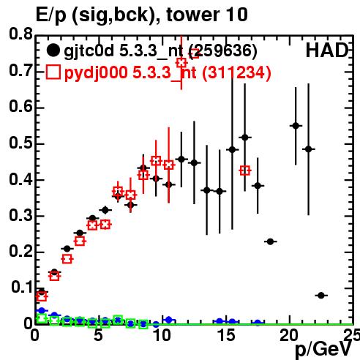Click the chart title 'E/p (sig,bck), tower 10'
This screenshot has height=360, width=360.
[x=141, y=15]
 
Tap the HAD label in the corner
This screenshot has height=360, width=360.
[x=327, y=50]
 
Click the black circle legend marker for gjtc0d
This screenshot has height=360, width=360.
[x=53, y=50]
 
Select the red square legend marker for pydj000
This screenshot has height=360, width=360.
[x=53, y=72]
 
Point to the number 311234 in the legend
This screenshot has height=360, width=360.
[x=237, y=72]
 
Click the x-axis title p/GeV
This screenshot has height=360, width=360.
[x=323, y=349]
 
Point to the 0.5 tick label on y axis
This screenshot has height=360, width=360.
[x=20, y=143]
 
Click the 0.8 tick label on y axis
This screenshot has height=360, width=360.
[x=20, y=34]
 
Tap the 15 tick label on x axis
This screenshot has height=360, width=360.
[x=227, y=335]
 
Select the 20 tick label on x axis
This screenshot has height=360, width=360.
[x=289, y=335]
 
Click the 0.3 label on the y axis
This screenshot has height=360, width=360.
[x=20, y=216]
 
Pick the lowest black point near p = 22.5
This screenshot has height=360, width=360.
[x=321, y=296]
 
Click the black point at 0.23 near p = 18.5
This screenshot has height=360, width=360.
[x=270, y=241]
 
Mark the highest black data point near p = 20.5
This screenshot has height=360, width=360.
[x=296, y=126]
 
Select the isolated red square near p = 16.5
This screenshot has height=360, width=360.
[x=245, y=170]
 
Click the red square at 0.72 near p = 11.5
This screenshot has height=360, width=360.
[x=181, y=63]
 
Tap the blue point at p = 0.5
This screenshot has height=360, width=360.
[x=42, y=310]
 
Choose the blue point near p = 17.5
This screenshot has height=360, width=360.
[x=258, y=323]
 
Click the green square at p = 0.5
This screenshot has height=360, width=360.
[x=42, y=318]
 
